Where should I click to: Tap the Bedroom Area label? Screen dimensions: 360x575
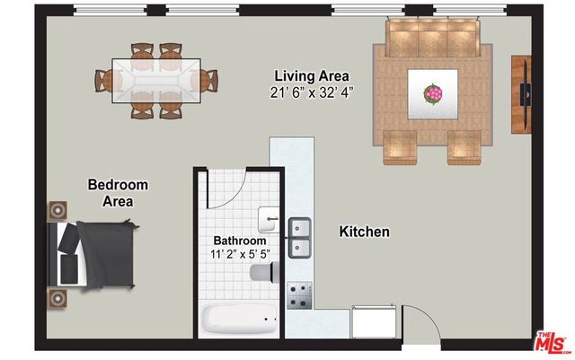pyautogui.click(x=118, y=193)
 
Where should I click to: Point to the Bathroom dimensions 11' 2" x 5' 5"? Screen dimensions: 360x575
pyautogui.click(x=239, y=254)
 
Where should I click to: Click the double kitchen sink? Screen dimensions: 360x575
pyautogui.click(x=299, y=237)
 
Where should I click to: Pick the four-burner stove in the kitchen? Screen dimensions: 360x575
pyautogui.click(x=299, y=295)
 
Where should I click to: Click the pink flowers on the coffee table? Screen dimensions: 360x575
pyautogui.click(x=433, y=92)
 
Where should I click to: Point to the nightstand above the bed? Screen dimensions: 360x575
pyautogui.click(x=57, y=210)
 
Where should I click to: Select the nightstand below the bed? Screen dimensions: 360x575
pyautogui.click(x=57, y=296)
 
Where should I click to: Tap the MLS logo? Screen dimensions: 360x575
pyautogui.click(x=551, y=342)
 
